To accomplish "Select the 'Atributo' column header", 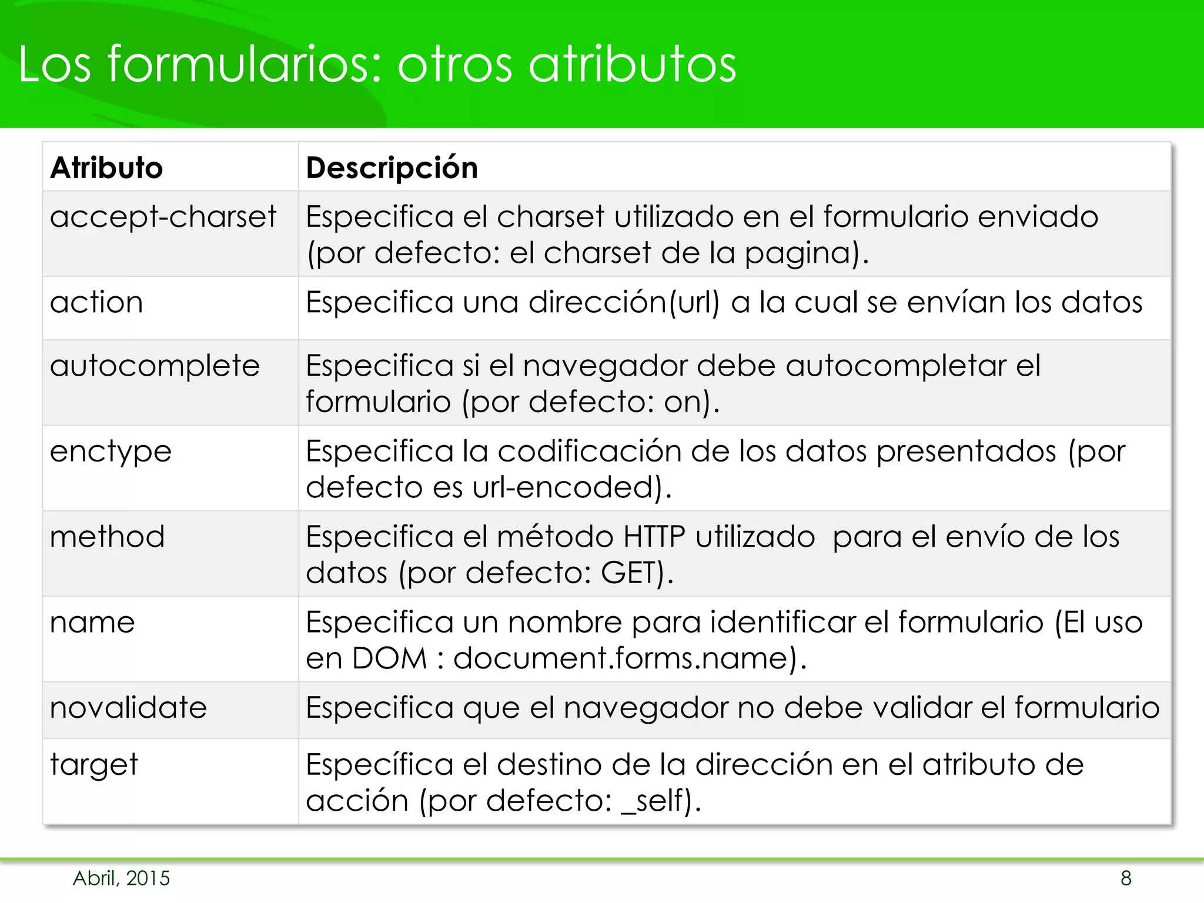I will click(x=106, y=168).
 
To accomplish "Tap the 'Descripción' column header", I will click(x=392, y=168).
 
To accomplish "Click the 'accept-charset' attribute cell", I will click(x=163, y=217).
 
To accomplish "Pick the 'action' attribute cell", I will click(x=96, y=303).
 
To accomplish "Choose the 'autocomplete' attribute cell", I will click(x=155, y=366).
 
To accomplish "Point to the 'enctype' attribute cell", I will click(x=111, y=452).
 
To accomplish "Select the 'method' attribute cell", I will click(x=107, y=537).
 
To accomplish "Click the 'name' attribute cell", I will click(x=92, y=623).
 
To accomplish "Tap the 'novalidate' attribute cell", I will click(x=128, y=708).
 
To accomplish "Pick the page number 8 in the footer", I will click(x=1126, y=878).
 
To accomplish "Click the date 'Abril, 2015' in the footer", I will click(x=121, y=878).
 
